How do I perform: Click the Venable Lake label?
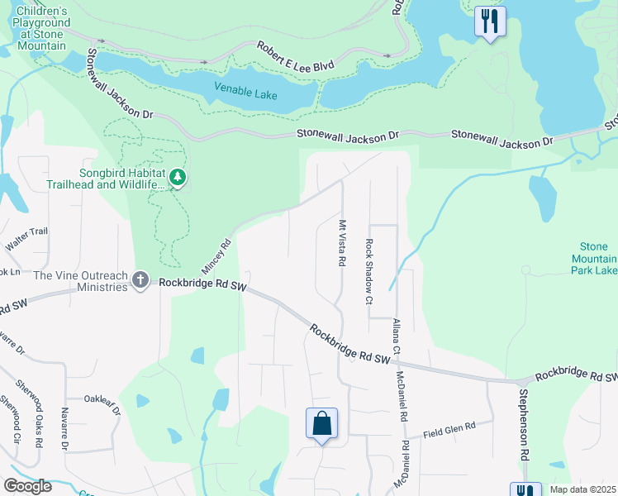pos(245,88)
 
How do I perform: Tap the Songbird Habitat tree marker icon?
pos(178,177)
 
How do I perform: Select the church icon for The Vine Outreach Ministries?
pos(141,281)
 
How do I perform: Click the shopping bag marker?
pos(321,423)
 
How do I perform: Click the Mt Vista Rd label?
pos(341,242)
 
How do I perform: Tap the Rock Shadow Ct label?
pos(369,271)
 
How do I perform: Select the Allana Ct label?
pos(397,336)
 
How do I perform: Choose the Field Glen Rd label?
pos(450,427)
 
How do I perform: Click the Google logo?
pos(27,486)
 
